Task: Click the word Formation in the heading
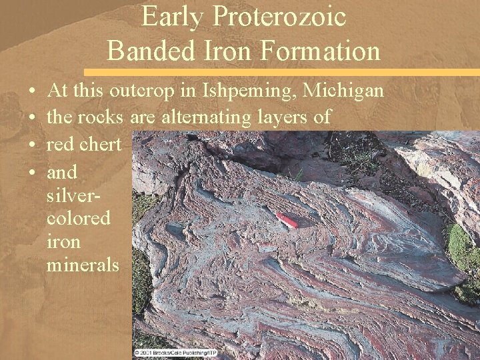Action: click(x=319, y=51)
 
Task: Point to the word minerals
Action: click(x=83, y=265)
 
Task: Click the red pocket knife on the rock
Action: click(x=287, y=221)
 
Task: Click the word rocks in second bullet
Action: click(x=104, y=117)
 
